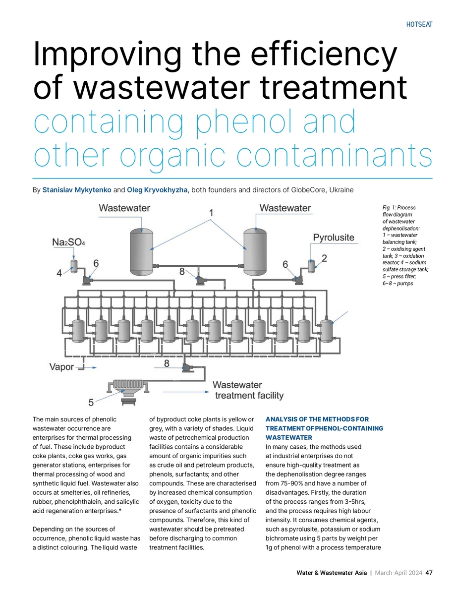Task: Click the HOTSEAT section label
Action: pyautogui.click(x=419, y=24)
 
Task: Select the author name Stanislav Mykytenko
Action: pyautogui.click(x=77, y=190)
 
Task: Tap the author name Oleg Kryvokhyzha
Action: pyautogui.click(x=158, y=190)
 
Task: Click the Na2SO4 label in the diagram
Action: pyautogui.click(x=68, y=242)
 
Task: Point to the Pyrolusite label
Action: pyautogui.click(x=334, y=238)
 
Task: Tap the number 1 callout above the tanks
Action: pyautogui.click(x=212, y=213)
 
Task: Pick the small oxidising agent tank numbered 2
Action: pyautogui.click(x=312, y=265)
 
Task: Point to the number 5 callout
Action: pyautogui.click(x=91, y=402)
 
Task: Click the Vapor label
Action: pyautogui.click(x=61, y=367)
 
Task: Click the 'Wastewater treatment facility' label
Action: pyautogui.click(x=248, y=390)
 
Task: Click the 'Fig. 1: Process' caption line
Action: pyautogui.click(x=399, y=208)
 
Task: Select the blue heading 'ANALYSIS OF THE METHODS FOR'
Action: pyautogui.click(x=317, y=419)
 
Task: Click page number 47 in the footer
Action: pyautogui.click(x=429, y=573)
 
